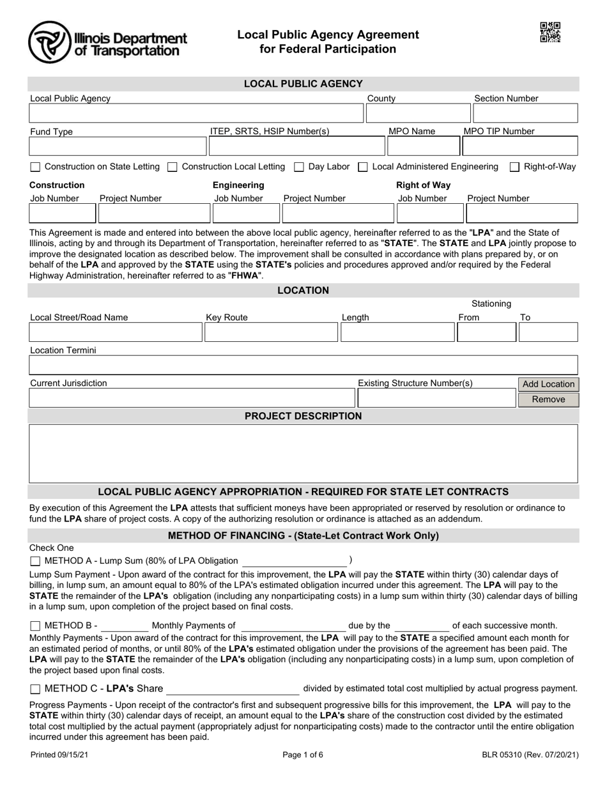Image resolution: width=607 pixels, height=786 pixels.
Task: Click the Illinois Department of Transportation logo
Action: click(107, 42)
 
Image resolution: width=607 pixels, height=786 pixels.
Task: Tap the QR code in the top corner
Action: click(550, 32)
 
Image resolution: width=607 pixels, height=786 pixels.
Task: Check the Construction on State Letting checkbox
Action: click(36, 167)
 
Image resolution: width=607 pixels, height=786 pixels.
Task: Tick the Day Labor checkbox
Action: click(299, 167)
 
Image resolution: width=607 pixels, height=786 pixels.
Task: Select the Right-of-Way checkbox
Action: click(514, 167)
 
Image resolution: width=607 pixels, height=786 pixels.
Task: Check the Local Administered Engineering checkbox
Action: click(362, 167)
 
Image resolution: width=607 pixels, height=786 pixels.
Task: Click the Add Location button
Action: click(548, 384)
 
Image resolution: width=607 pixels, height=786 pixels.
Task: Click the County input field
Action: click(417, 114)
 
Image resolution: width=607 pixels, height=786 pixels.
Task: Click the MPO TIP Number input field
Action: click(519, 146)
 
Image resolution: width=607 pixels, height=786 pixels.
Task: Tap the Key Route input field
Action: click(270, 332)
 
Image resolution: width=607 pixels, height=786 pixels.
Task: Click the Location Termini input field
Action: click(303, 366)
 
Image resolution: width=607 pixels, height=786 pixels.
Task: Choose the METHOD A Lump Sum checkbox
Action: click(35, 561)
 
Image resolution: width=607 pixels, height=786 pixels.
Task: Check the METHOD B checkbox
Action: click(35, 626)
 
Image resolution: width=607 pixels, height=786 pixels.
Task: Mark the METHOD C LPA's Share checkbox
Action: click(35, 690)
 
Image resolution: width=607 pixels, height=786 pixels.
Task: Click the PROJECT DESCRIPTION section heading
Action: click(303, 417)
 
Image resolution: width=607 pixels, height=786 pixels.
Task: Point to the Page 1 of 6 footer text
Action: click(303, 755)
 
